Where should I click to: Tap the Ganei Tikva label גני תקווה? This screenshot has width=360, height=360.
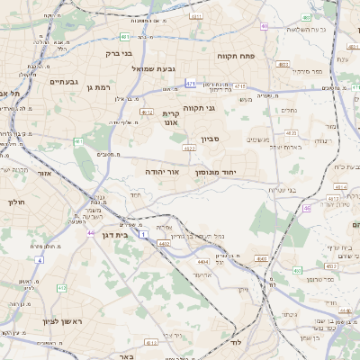(199, 108)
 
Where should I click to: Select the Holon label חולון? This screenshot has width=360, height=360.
(15, 202)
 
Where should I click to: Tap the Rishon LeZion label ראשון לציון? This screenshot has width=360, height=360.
(60, 321)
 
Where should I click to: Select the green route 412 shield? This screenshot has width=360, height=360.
(61, 288)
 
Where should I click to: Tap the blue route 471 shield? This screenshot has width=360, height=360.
(191, 84)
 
